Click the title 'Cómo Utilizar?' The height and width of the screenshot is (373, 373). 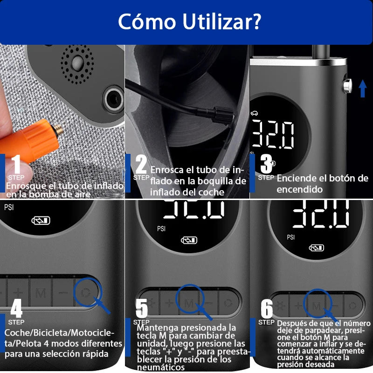pyautogui.click(x=189, y=21)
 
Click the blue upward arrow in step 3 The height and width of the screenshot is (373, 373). pyautogui.click(x=362, y=88)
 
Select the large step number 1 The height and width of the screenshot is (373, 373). pyautogui.click(x=16, y=165)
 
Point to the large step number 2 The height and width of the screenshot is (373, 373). pyautogui.click(x=141, y=164)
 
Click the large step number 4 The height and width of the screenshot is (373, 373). pyautogui.click(x=16, y=308)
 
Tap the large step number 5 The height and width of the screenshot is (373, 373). pyautogui.click(x=141, y=308)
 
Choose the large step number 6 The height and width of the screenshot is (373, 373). pyautogui.click(x=267, y=308)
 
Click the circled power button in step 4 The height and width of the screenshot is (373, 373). pyautogui.click(x=86, y=292)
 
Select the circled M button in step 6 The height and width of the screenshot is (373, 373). pyautogui.click(x=317, y=305)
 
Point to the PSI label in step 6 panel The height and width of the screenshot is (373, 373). pyautogui.click(x=291, y=237)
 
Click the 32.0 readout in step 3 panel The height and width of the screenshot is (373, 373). pyautogui.click(x=273, y=134)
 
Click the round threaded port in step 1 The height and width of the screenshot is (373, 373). pyautogui.click(x=113, y=98)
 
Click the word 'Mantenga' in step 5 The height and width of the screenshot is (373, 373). pyautogui.click(x=156, y=327)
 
